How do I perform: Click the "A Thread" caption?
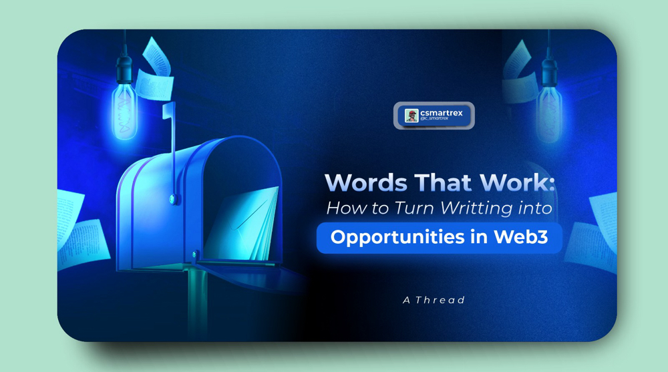click(434, 301)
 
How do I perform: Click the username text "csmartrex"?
click(442, 113)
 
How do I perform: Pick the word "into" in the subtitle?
click(535, 208)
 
